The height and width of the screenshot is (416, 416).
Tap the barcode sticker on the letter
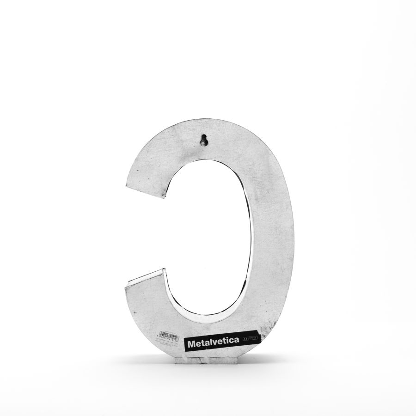coord(170,335)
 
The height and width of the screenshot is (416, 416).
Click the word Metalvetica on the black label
coord(213,343)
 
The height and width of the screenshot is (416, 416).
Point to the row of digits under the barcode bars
coord(170,340)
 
